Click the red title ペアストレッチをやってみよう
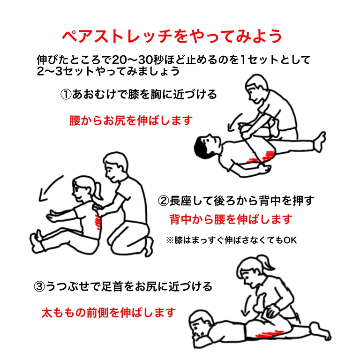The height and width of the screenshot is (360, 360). pyautogui.click(x=172, y=37)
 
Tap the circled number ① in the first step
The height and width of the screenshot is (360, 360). pyautogui.click(x=66, y=94)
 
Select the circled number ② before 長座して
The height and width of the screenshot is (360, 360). pyautogui.click(x=164, y=201)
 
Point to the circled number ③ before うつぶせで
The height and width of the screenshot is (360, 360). pyautogui.click(x=39, y=287)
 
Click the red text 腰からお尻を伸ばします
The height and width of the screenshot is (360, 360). pyautogui.click(x=131, y=120)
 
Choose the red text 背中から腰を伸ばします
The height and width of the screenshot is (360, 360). pyautogui.click(x=231, y=219)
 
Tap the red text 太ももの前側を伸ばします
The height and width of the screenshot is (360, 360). pyautogui.click(x=109, y=313)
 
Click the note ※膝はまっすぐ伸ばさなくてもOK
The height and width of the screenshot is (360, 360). pyautogui.click(x=232, y=240)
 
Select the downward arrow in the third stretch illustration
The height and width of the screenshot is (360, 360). pyautogui.click(x=247, y=305)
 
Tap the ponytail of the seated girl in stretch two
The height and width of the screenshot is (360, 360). pyautogui.click(x=99, y=191)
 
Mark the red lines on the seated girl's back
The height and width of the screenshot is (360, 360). pyautogui.click(x=97, y=221)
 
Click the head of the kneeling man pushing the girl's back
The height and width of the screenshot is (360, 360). pyautogui.click(x=115, y=166)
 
